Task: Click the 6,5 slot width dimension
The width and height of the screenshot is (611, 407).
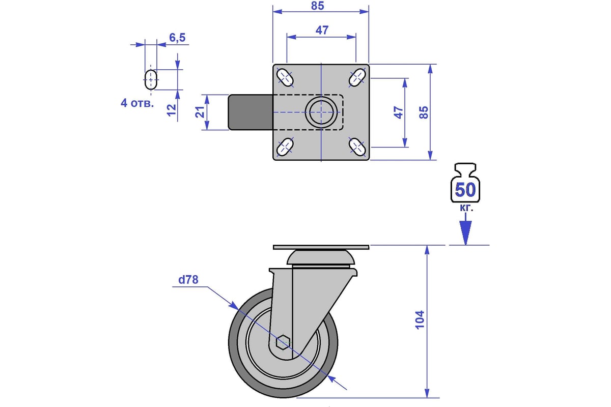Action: click(177, 38)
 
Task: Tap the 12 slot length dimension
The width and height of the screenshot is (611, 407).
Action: click(172, 110)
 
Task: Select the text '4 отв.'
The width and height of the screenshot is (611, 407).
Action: click(137, 103)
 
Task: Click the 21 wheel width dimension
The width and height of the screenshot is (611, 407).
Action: click(200, 112)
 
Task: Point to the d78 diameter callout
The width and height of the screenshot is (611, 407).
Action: click(188, 280)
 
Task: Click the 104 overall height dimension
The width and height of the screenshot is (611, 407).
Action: click(420, 320)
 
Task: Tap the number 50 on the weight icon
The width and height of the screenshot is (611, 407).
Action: click(465, 190)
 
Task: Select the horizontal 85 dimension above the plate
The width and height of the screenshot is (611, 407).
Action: click(318, 6)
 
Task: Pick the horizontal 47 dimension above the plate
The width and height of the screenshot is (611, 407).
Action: click(322, 30)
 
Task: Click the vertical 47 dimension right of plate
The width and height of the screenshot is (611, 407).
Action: click(399, 112)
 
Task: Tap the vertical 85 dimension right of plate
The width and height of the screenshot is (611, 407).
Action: click(424, 112)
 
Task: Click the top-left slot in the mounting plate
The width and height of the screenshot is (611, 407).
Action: click(285, 77)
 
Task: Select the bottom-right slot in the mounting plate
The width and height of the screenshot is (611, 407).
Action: click(357, 147)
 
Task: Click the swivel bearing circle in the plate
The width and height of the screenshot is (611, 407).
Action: click(321, 112)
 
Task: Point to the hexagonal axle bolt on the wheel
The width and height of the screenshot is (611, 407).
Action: click(283, 342)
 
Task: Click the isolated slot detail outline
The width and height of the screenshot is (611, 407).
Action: click(151, 79)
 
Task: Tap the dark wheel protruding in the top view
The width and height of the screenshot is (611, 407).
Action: click(251, 112)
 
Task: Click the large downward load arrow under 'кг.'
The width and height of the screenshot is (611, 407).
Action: click(465, 229)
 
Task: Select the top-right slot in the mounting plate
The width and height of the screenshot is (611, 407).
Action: click(357, 77)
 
